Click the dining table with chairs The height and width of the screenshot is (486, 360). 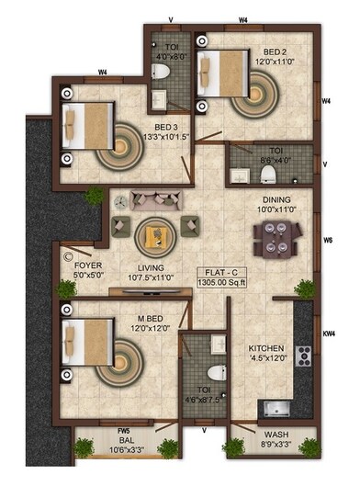point(274,243)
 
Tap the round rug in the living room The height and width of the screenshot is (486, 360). point(152,236)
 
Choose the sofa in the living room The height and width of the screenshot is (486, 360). point(152,198)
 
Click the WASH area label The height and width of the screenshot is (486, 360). point(276,435)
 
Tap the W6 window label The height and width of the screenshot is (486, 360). point(327,241)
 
